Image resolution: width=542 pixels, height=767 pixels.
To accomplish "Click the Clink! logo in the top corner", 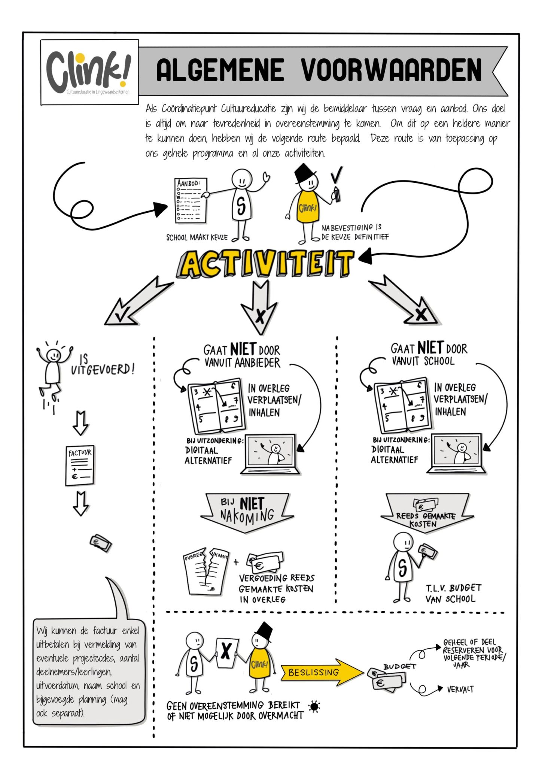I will [89, 72].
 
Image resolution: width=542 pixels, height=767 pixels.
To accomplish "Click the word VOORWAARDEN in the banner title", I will [391, 70].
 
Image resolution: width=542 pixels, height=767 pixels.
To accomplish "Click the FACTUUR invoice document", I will [80, 466].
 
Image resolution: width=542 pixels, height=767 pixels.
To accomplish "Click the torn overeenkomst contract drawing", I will [205, 572].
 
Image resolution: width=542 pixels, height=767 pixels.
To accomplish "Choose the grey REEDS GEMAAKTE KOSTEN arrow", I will [427, 513].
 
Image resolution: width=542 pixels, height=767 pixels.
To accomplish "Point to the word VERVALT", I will [460, 689].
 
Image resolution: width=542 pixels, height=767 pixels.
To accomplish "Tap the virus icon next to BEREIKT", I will [314, 706].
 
